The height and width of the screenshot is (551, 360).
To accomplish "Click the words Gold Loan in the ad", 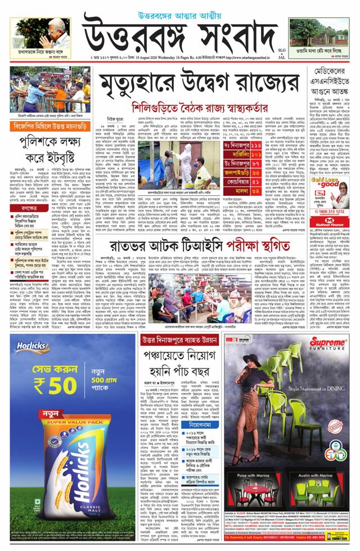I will [x=323, y=182].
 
